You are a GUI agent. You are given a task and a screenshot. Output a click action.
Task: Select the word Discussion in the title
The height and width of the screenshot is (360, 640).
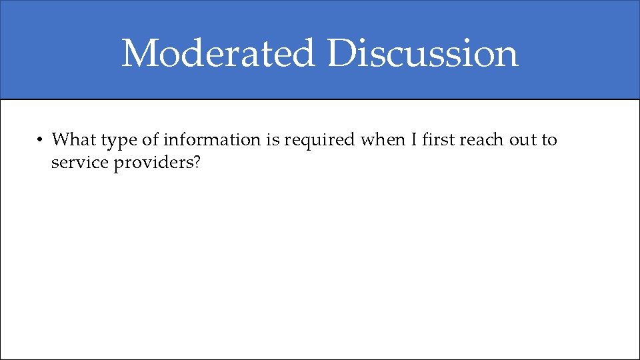click(422, 53)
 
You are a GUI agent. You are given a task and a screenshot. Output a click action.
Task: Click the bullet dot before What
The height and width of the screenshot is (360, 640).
click(40, 140)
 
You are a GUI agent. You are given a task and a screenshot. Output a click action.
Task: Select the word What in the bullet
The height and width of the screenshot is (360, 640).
click(74, 140)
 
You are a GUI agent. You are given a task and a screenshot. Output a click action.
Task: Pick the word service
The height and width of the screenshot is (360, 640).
click(79, 163)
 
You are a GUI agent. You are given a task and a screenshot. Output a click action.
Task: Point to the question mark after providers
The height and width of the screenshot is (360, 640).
click(197, 163)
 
